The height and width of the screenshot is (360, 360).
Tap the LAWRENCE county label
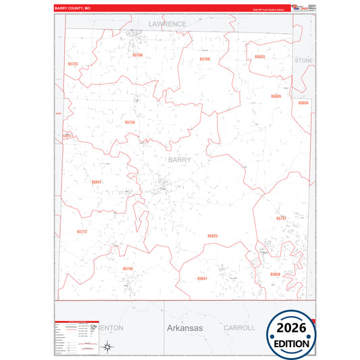click(167, 24)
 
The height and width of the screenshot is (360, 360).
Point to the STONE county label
click(304, 60)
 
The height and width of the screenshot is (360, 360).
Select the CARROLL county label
click(239, 328)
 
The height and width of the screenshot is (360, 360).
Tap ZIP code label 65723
click(73, 64)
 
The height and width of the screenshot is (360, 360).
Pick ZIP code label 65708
click(138, 55)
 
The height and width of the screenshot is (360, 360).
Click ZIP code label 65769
click(205, 59)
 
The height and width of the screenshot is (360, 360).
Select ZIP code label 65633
click(260, 57)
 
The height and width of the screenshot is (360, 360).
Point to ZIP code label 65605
click(276, 96)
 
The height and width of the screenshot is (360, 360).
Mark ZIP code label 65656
click(303, 103)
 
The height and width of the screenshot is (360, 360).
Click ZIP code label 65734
click(130, 122)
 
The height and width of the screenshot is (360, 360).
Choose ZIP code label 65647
click(97, 182)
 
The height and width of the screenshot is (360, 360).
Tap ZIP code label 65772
click(82, 232)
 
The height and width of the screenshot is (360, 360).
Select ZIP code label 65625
click(213, 236)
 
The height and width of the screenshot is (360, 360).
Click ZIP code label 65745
click(128, 269)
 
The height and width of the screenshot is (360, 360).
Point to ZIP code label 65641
click(202, 278)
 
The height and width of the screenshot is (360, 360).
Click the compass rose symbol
click(107, 346)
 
